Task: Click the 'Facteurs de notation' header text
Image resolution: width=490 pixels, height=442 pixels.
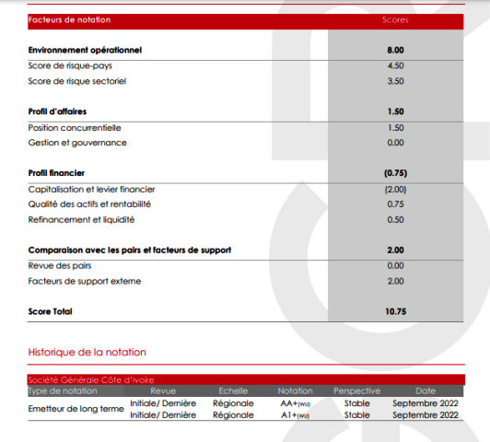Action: pos(62,19)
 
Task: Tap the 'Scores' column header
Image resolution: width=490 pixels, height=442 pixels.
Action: pos(395,19)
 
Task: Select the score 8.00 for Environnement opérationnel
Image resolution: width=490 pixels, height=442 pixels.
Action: pos(395,50)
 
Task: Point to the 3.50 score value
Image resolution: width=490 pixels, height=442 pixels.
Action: pos(395,81)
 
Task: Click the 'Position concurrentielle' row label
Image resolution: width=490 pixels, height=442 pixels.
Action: pos(75,127)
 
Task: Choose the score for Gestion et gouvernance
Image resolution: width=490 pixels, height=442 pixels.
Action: pos(395,143)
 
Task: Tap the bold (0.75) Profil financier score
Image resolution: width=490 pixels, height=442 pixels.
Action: pos(395,173)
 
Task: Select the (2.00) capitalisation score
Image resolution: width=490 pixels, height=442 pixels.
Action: pos(395,189)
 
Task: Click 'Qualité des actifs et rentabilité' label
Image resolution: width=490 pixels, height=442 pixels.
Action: pos(89,204)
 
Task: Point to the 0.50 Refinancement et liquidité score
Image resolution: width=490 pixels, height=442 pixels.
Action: pos(395,220)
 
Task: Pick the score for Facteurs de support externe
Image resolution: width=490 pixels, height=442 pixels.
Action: pos(395,281)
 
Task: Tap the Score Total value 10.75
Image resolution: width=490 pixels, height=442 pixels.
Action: pos(395,311)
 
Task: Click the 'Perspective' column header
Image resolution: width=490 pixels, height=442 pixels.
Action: pos(356,391)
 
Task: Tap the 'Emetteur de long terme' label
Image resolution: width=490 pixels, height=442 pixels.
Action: pos(76,409)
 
